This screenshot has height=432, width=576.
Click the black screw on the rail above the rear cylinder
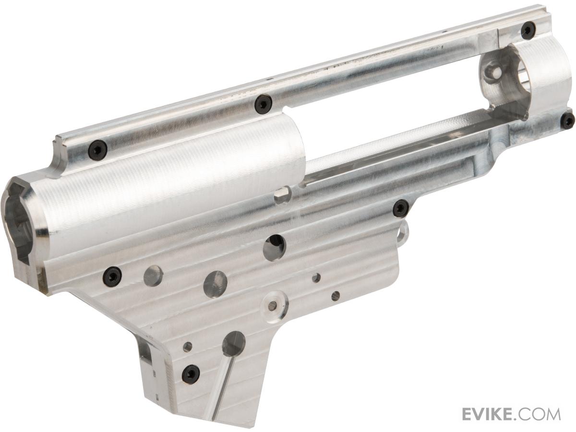click(x=528, y=30)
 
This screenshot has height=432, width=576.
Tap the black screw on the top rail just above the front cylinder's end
click(x=263, y=104)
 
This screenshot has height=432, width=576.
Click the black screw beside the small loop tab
click(x=400, y=208)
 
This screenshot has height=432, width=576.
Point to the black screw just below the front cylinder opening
click(x=112, y=276)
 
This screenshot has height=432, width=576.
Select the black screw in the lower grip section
click(x=191, y=373)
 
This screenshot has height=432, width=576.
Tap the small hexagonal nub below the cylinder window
click(x=283, y=194)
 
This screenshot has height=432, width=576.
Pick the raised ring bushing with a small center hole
click(x=273, y=305)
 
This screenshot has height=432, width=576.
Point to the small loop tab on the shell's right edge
click(x=405, y=232)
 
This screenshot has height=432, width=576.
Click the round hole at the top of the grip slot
click(x=234, y=343)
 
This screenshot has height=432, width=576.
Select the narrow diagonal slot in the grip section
click(x=223, y=384)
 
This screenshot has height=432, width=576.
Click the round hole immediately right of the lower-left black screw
click(x=153, y=276)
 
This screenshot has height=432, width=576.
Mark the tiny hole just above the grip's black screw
click(x=188, y=347)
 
